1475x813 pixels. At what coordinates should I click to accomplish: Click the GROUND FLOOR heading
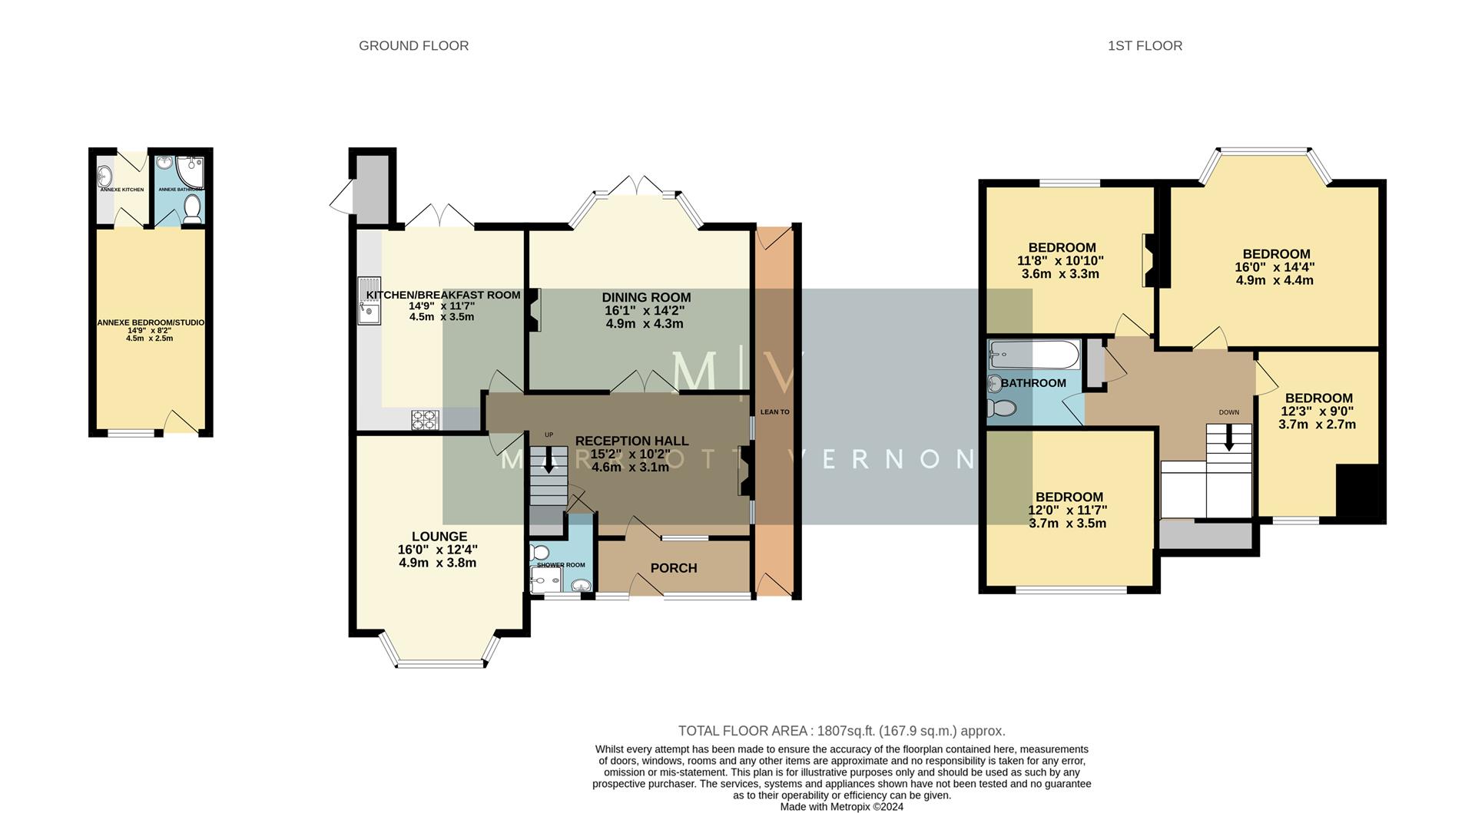pyautogui.click(x=413, y=46)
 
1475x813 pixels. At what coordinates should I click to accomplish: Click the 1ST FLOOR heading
pyautogui.click(x=1145, y=46)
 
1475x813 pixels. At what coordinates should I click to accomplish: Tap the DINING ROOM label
pyautogui.click(x=646, y=297)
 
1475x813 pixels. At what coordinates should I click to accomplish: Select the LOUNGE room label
pyautogui.click(x=439, y=537)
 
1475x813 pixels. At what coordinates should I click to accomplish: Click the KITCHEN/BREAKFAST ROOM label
pyautogui.click(x=443, y=295)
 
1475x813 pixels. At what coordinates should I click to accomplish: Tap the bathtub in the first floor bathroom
pyautogui.click(x=1033, y=355)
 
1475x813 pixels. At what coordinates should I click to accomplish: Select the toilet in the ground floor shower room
pyautogui.click(x=540, y=553)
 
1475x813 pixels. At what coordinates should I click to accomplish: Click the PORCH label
pyautogui.click(x=674, y=568)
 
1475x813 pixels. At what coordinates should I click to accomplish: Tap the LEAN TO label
pyautogui.click(x=774, y=412)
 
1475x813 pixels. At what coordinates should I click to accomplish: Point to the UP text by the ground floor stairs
pyautogui.click(x=549, y=435)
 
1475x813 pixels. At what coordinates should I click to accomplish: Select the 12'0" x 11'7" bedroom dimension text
pyautogui.click(x=1068, y=510)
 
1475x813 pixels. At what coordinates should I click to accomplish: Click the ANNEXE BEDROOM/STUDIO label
pyautogui.click(x=151, y=322)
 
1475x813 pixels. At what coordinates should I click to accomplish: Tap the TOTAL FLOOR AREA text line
pyautogui.click(x=841, y=731)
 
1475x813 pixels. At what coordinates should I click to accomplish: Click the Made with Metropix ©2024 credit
pyautogui.click(x=841, y=807)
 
